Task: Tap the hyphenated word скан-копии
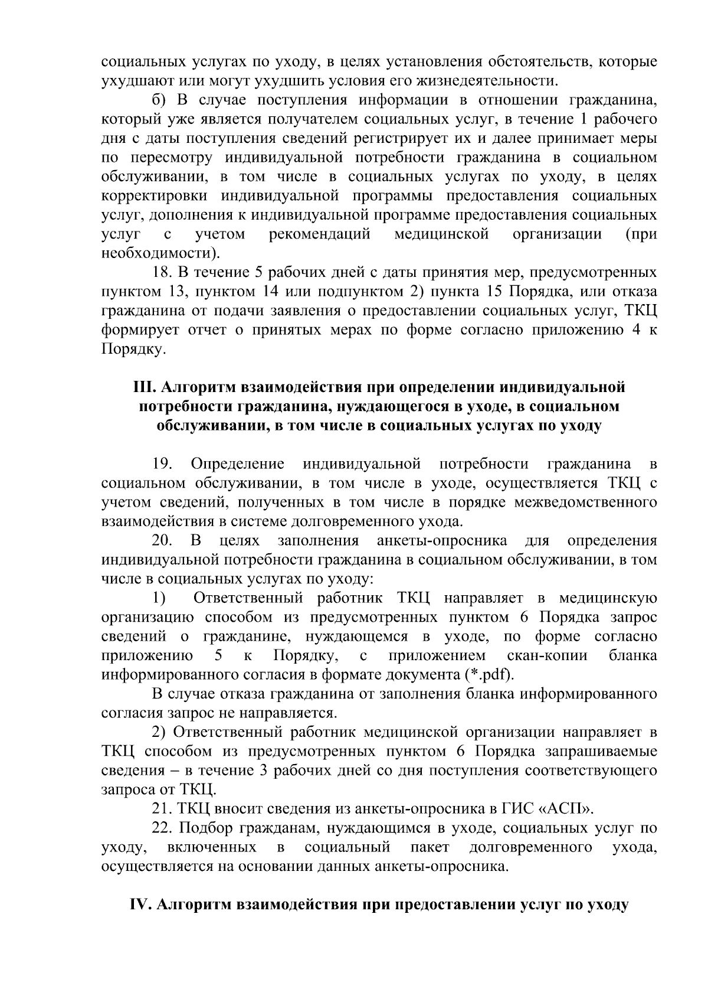point(547,655)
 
